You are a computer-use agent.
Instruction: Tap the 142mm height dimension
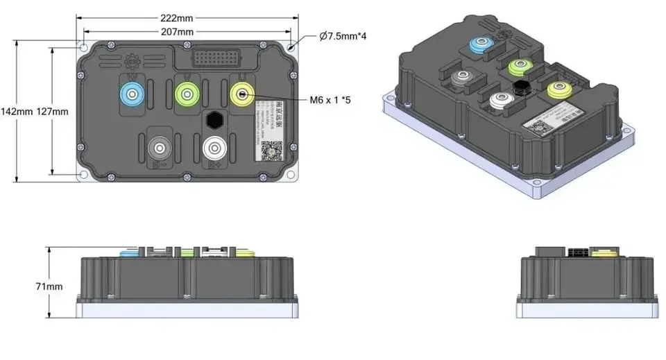[15, 112]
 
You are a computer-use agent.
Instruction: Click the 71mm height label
[49, 286]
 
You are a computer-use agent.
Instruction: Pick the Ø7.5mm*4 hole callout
[343, 35]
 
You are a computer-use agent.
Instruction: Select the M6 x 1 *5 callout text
[332, 100]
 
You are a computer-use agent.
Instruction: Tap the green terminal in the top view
[186, 92]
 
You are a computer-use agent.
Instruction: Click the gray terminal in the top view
[160, 148]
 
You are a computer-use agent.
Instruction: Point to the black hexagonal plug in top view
[215, 119]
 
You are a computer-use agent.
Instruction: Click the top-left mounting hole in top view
[83, 48]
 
